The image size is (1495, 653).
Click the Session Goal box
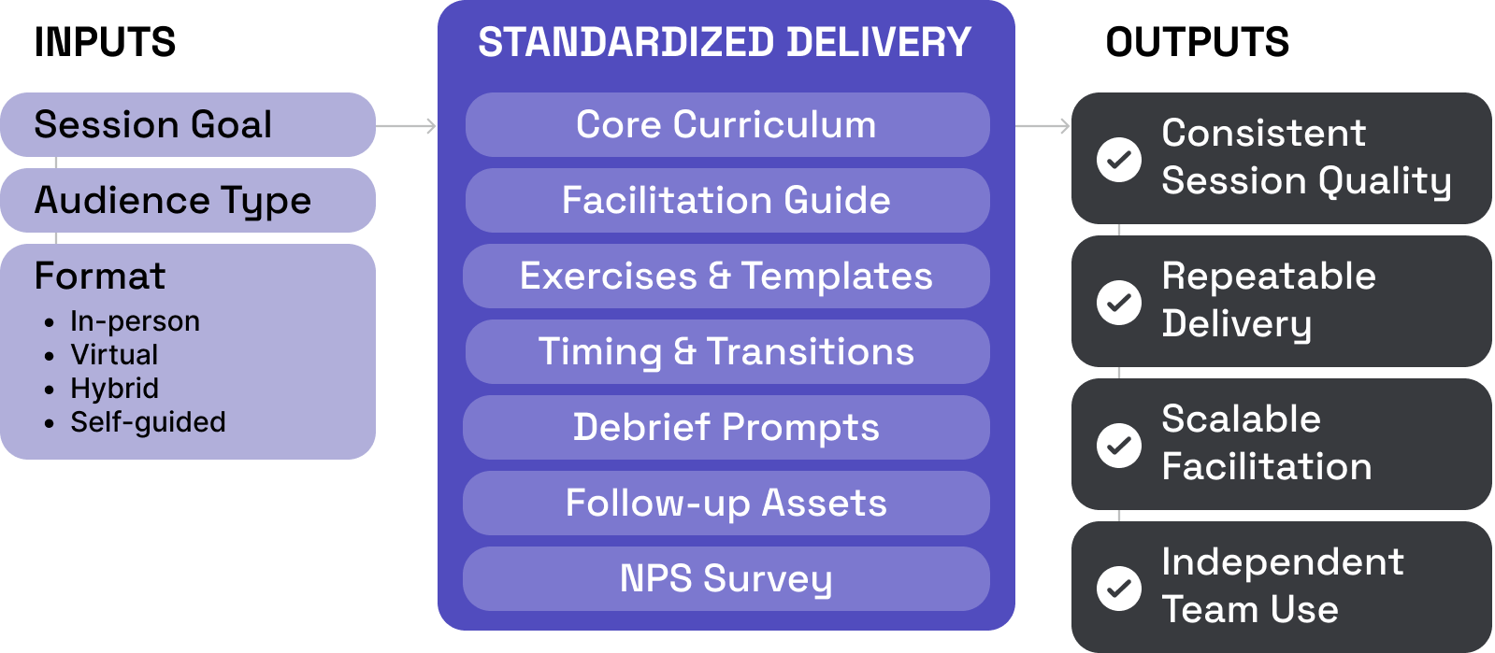pyautogui.click(x=187, y=124)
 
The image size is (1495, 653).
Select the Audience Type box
pyautogui.click(x=187, y=200)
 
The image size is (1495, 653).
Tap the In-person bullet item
pyautogui.click(x=135, y=321)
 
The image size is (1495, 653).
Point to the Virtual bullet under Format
pyautogui.click(x=114, y=355)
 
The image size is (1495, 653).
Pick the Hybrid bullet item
pyautogui.click(x=114, y=389)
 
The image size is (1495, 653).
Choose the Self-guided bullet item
pyautogui.click(x=148, y=422)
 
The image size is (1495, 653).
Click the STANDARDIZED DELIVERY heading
pyautogui.click(x=725, y=43)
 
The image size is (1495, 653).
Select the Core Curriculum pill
pyautogui.click(x=726, y=124)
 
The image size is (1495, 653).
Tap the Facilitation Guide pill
pyautogui.click(x=726, y=200)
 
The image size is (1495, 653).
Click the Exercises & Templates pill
pyautogui.click(x=726, y=276)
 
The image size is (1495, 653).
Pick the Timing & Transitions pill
pyautogui.click(x=726, y=351)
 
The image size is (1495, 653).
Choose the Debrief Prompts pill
pyautogui.click(x=726, y=427)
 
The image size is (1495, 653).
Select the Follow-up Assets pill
pyautogui.click(x=726, y=503)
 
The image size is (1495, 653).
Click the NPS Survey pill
pyautogui.click(x=726, y=578)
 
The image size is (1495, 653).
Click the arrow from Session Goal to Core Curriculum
pyautogui.click(x=407, y=125)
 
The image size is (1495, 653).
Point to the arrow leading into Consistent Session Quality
pyautogui.click(x=1043, y=125)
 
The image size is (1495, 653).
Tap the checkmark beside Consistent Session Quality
pyautogui.click(x=1118, y=159)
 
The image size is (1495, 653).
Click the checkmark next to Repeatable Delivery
pyautogui.click(x=1118, y=302)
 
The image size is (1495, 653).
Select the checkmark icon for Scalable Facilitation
pyautogui.click(x=1118, y=445)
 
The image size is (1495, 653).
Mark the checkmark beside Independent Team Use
pyautogui.click(x=1118, y=588)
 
